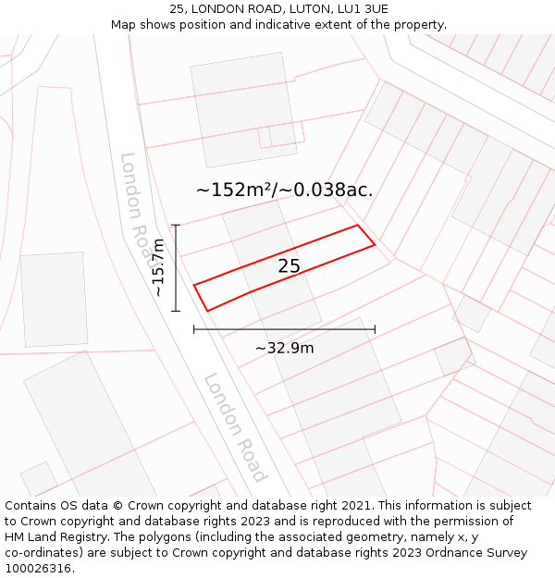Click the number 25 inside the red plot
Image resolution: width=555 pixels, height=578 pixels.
point(289,266)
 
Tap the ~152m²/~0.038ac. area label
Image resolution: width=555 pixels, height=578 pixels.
point(284,190)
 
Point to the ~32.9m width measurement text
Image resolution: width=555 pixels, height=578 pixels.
point(284,348)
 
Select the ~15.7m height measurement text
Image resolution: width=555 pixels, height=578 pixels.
point(158,266)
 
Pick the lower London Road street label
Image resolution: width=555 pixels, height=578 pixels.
point(235,426)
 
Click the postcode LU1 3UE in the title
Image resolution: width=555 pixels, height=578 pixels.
point(363,9)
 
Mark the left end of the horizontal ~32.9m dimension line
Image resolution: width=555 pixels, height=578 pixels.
point(194,328)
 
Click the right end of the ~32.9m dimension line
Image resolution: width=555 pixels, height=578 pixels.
point(375,328)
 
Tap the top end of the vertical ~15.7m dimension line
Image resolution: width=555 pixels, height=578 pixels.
point(176,225)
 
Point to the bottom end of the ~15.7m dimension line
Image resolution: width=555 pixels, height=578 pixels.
point(176,311)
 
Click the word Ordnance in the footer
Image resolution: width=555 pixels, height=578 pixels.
point(448,553)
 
